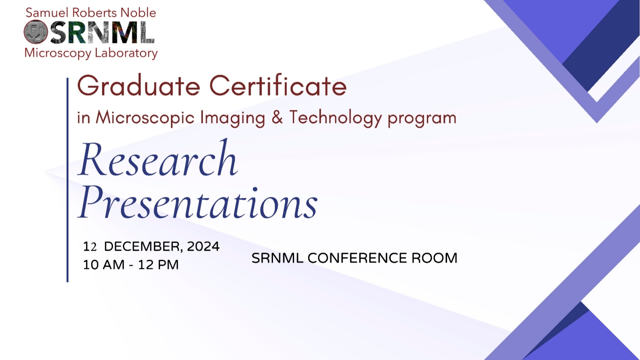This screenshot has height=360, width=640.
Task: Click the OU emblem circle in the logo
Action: [36, 32]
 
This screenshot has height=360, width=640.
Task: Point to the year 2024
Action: [203, 247]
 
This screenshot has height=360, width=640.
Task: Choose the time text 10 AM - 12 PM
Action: [131, 265]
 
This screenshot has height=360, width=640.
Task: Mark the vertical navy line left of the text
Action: [67, 180]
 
